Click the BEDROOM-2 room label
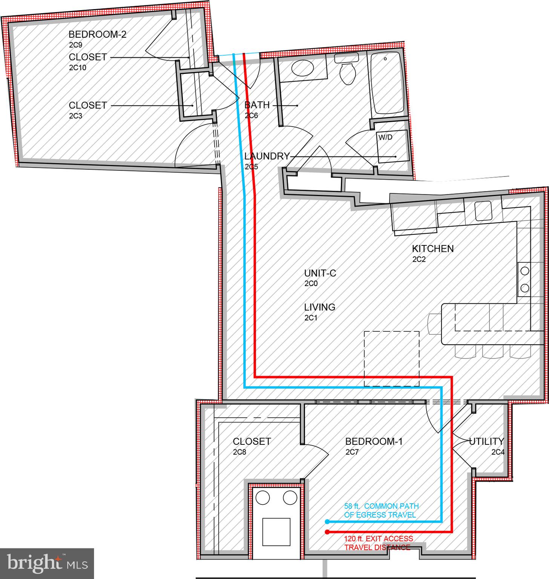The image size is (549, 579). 97,34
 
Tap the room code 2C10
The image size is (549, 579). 78,68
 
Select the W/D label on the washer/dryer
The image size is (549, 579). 385,137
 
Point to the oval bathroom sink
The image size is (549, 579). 302,69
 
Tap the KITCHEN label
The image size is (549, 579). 432,248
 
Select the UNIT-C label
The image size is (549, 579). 320,273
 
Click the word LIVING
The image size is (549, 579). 319,307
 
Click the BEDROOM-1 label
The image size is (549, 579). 374,441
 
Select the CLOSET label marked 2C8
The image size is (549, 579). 251,441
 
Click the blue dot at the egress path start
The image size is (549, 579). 327,522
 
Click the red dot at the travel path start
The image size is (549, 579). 327,532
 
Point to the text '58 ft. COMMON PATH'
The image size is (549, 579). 381,506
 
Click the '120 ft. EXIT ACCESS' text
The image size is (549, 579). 378,539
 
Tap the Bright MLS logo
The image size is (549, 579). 47,564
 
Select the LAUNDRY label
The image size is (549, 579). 267,156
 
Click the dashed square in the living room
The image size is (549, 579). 391,358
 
